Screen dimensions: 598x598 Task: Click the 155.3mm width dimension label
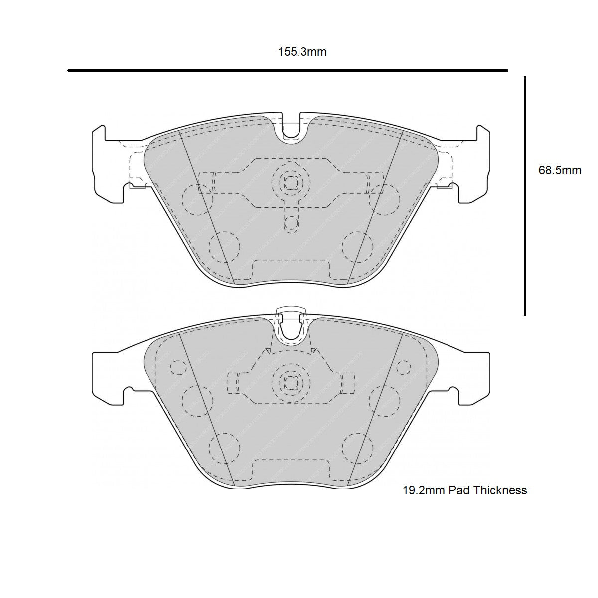pos(302,52)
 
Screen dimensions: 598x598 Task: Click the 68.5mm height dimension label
pos(560,170)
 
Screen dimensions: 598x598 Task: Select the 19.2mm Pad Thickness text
pos(464,490)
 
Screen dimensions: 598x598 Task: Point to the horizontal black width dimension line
pos(288,71)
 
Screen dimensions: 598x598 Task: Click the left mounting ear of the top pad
pos(107,164)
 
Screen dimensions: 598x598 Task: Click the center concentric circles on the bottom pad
pos(291,383)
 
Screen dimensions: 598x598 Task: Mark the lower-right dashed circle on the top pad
pos(358,247)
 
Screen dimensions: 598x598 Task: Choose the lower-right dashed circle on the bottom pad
pos(358,447)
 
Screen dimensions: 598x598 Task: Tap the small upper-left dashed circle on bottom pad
pos(177,367)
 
